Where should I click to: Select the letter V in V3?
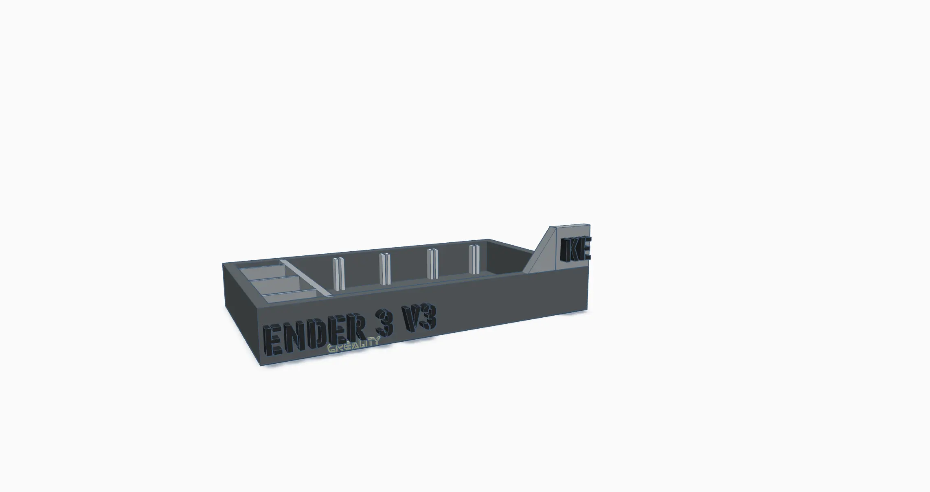click(x=411, y=320)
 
